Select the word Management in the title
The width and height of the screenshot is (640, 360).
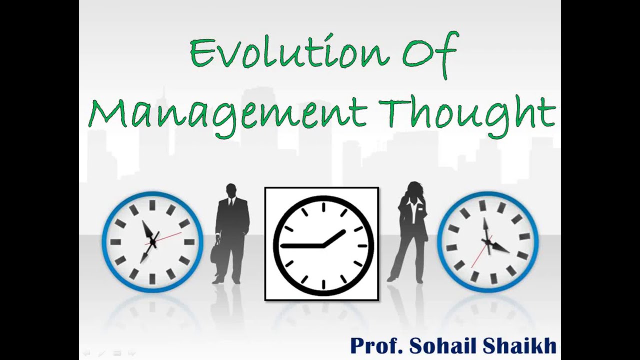(227, 114)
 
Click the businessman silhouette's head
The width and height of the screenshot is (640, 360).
(231, 190)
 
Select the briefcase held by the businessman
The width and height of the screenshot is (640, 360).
(216, 254)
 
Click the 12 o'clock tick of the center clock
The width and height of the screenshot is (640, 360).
(323, 206)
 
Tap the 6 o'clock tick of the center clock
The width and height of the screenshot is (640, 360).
(323, 284)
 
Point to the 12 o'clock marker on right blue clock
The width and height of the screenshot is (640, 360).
(483, 205)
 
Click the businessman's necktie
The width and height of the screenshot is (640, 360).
(230, 203)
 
